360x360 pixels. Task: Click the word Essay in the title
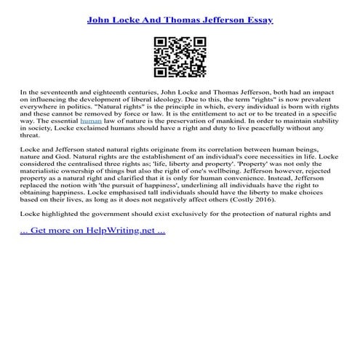[257, 19]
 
